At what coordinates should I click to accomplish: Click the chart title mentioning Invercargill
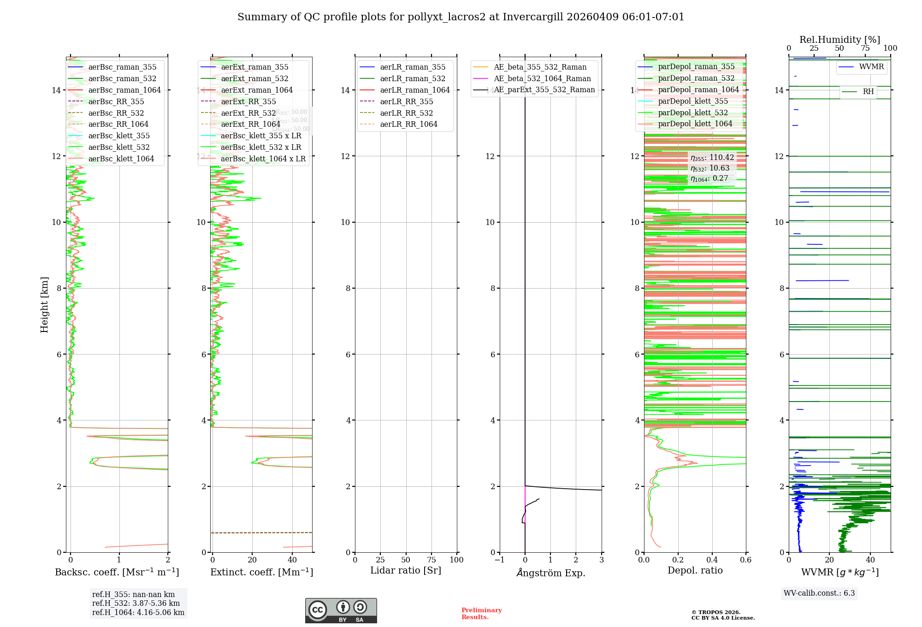(461, 17)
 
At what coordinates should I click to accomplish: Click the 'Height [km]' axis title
(44, 305)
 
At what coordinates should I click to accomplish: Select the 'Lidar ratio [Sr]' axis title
(406, 570)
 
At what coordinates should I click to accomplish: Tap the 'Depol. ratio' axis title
(695, 570)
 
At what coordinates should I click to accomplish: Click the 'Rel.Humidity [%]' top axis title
(839, 40)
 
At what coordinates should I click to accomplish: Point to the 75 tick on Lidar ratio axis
(431, 560)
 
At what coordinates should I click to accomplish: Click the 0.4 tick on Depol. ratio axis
(712, 560)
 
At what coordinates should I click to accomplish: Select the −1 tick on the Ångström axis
(499, 560)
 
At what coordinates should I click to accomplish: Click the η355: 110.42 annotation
(712, 158)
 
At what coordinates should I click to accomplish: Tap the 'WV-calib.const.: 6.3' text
(819, 593)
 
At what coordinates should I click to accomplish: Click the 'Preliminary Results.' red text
(481, 614)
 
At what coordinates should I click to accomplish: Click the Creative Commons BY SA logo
(341, 611)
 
